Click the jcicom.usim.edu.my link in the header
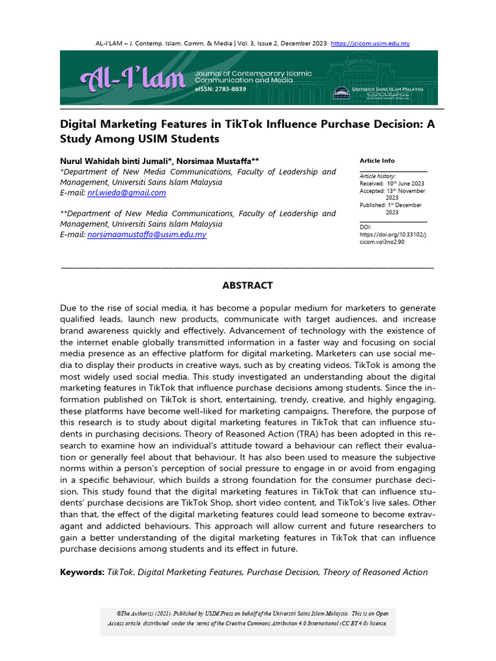pos(370,43)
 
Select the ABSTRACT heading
pos(247,285)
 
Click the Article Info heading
pos(377,161)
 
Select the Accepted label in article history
pos(372,191)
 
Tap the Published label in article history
pos(373,205)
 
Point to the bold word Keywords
pos(81,572)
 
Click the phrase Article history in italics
pos(378,176)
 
